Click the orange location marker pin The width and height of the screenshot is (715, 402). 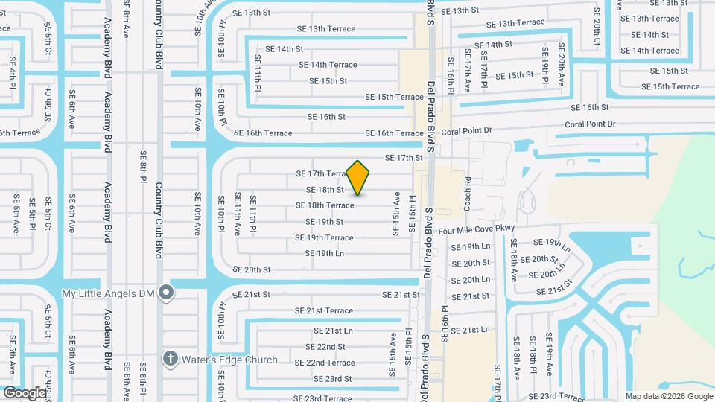pos(358,177)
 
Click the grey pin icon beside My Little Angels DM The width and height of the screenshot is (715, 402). pos(168,293)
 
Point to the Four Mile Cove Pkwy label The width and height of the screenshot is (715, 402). pos(486,232)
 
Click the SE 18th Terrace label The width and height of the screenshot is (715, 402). pos(325,205)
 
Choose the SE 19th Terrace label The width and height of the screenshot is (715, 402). pos(324,238)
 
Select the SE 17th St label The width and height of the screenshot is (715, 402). pos(404,158)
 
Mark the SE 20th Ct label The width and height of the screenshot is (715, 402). pos(597,28)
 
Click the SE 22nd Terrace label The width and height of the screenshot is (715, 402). pos(325,363)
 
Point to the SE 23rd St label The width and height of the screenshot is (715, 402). pos(328,379)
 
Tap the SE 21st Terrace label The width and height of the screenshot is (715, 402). pos(324,310)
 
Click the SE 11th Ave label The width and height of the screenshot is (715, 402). pos(238,214)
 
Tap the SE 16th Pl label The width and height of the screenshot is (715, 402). pos(445,323)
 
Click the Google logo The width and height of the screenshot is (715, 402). pos(24,392)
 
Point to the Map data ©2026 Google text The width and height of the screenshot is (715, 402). pos(668,395)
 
